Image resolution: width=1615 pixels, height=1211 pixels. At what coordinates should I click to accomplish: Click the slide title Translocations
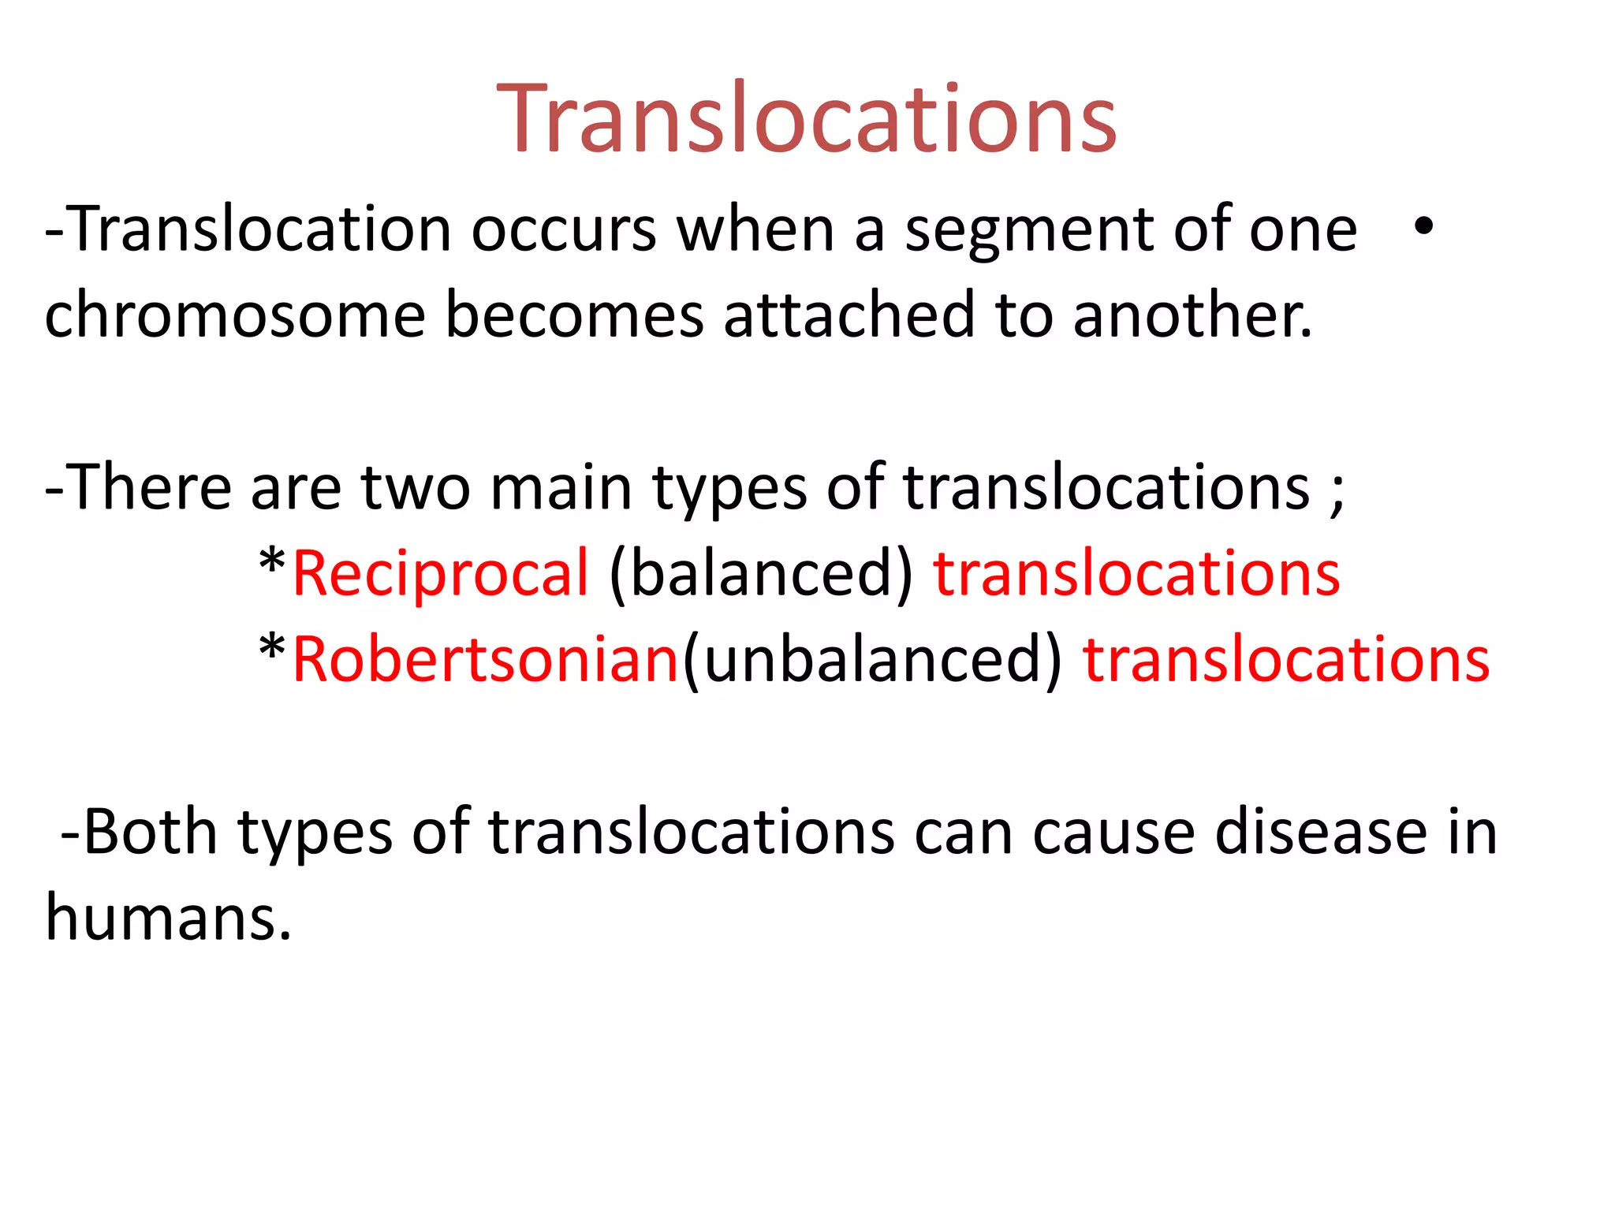click(x=807, y=119)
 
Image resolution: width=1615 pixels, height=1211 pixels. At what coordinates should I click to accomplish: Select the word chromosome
click(x=235, y=315)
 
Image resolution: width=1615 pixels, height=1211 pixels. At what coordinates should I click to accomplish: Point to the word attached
click(x=849, y=315)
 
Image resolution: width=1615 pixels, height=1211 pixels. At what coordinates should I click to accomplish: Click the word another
click(x=1192, y=315)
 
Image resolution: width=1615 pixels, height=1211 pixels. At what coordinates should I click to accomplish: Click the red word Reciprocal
click(x=440, y=573)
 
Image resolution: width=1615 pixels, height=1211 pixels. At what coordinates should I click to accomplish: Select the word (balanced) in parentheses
click(x=761, y=573)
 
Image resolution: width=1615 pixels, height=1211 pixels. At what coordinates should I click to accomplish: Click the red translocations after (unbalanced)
click(x=1286, y=659)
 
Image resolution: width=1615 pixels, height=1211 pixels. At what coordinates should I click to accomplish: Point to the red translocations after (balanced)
click(x=1136, y=573)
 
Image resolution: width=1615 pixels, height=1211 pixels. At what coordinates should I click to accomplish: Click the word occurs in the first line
click(x=564, y=230)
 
